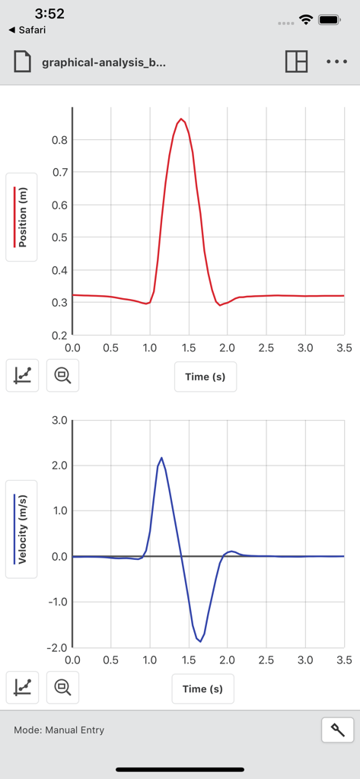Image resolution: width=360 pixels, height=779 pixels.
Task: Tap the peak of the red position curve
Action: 180,119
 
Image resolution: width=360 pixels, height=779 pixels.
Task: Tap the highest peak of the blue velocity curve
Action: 161,458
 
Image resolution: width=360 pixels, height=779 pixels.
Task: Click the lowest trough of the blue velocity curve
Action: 200,641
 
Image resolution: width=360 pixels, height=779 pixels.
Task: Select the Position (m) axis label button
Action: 22,218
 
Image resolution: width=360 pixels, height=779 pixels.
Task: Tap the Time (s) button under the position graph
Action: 205,377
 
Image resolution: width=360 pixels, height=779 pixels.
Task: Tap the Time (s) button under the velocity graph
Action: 203,689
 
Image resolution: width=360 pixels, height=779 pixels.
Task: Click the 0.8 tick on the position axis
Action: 59,140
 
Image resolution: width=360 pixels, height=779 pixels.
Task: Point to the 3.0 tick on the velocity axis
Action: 59,420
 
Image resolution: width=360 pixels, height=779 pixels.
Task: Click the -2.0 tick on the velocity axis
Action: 57,647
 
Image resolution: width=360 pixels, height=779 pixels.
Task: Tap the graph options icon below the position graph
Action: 23,375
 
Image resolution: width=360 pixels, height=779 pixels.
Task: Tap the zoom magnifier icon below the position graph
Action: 62,375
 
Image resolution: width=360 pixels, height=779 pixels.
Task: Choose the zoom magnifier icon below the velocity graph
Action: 62,688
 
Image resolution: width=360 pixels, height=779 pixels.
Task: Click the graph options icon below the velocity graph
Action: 23,688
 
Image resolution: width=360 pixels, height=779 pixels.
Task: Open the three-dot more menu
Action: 336,62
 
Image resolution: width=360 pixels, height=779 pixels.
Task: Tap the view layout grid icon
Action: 296,62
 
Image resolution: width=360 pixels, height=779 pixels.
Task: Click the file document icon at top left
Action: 23,62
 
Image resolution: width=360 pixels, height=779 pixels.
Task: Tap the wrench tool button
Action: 338,730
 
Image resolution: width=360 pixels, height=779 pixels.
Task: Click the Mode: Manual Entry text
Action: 59,730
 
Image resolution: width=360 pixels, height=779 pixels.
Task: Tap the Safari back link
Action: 27,30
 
